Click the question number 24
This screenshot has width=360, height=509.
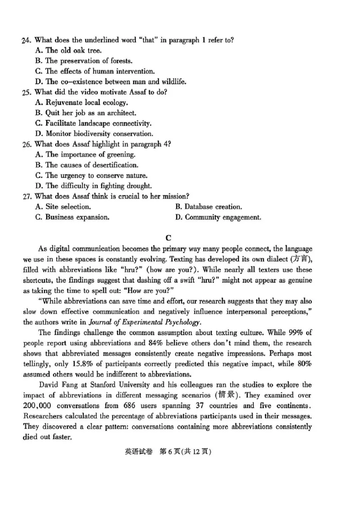26,40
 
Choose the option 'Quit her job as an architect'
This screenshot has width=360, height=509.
85,113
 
